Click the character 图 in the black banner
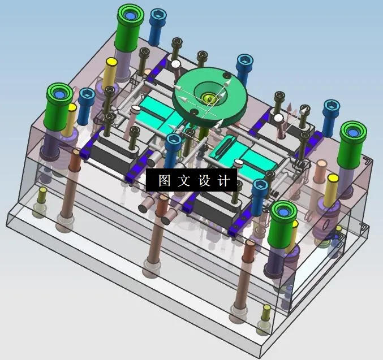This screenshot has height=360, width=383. click(x=164, y=180)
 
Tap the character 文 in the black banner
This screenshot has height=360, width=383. click(x=184, y=180)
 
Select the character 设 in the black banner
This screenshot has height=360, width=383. click(x=204, y=180)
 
